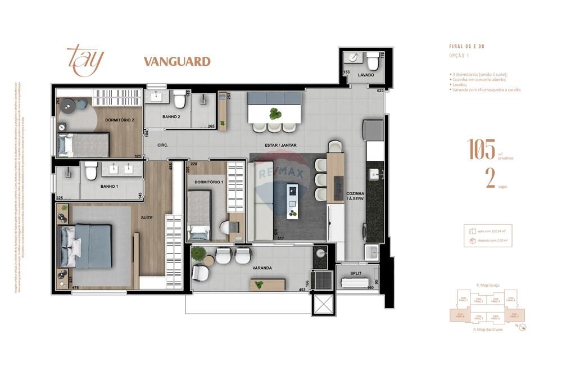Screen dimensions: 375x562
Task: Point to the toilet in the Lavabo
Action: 373,61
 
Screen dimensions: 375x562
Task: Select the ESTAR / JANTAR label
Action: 281,145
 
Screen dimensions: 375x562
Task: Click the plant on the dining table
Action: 275,114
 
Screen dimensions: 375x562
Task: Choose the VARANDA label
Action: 262,268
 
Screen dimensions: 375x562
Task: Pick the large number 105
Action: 481,150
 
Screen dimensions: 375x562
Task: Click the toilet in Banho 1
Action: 91,171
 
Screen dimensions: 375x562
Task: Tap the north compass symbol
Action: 522,327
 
